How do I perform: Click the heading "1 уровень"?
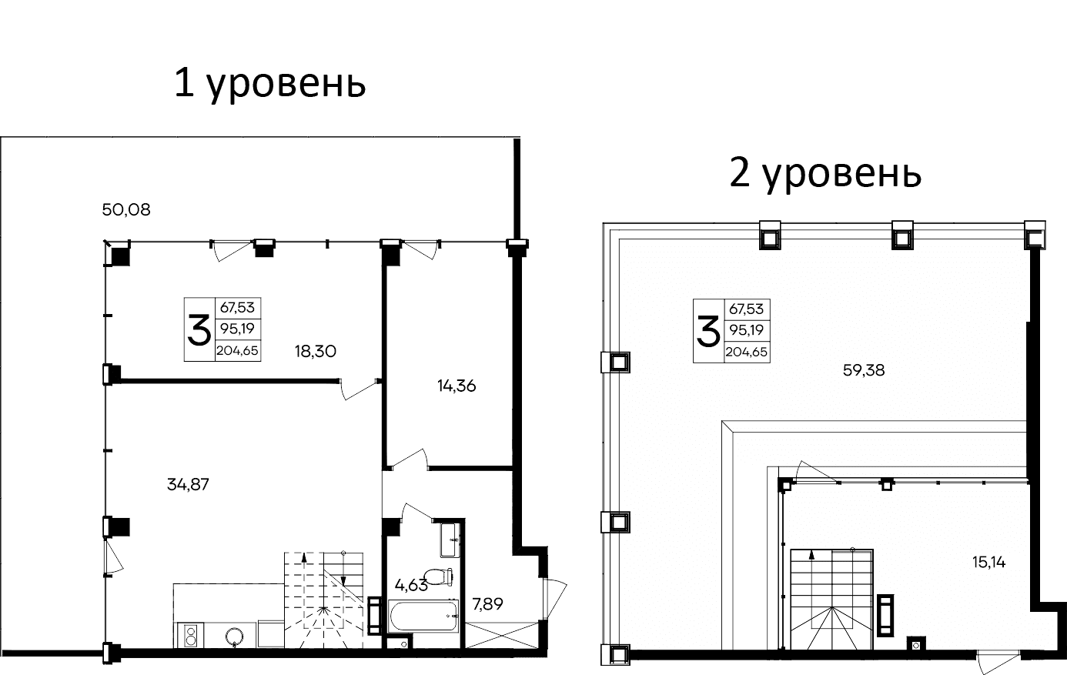click(269, 83)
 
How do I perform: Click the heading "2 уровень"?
click(825, 174)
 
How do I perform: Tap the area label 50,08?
click(126, 209)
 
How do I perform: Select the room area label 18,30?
click(316, 351)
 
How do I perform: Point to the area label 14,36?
click(457, 386)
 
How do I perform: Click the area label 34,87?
click(188, 484)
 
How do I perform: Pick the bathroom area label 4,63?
click(410, 585)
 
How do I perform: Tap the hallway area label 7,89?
click(487, 604)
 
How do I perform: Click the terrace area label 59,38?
click(864, 370)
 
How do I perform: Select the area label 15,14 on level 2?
click(988, 563)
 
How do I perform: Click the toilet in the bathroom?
click(440, 576)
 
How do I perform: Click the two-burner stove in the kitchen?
click(190, 636)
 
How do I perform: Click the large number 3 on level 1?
click(199, 330)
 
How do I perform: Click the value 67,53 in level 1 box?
click(237, 308)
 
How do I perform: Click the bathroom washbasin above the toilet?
click(448, 539)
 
